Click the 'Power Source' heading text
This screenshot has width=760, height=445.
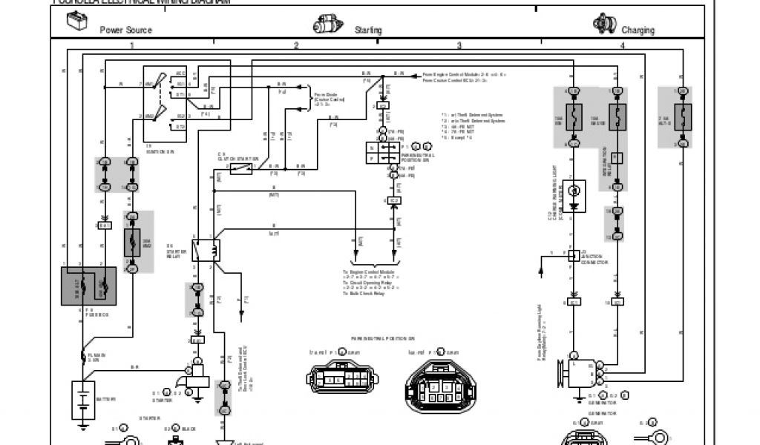click(126, 30)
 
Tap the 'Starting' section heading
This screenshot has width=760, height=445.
click(368, 30)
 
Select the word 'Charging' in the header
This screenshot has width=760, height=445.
click(638, 30)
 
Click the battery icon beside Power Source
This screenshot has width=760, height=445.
click(76, 24)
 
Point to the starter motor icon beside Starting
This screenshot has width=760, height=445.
click(326, 24)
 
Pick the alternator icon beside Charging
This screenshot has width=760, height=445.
click(602, 24)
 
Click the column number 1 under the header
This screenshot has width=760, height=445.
click(131, 46)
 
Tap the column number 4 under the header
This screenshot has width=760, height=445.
click(623, 46)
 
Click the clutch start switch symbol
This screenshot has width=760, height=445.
click(241, 168)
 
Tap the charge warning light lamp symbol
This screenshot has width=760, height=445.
click(573, 191)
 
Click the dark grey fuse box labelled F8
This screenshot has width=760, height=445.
click(88, 286)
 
